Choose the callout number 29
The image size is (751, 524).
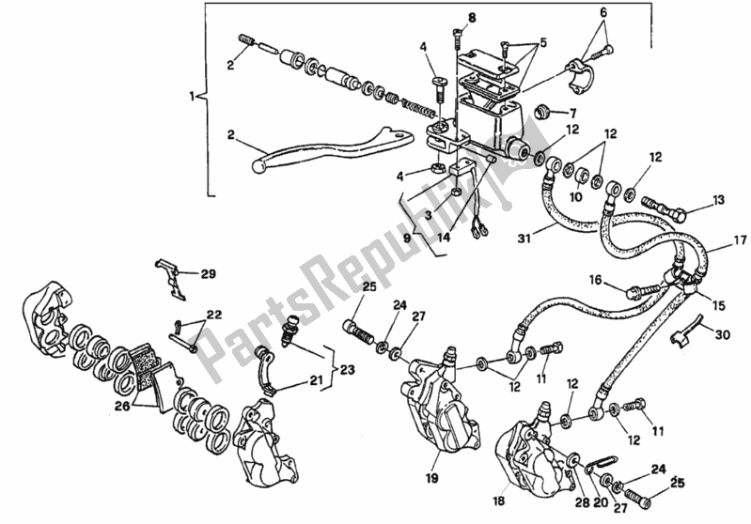208,274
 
